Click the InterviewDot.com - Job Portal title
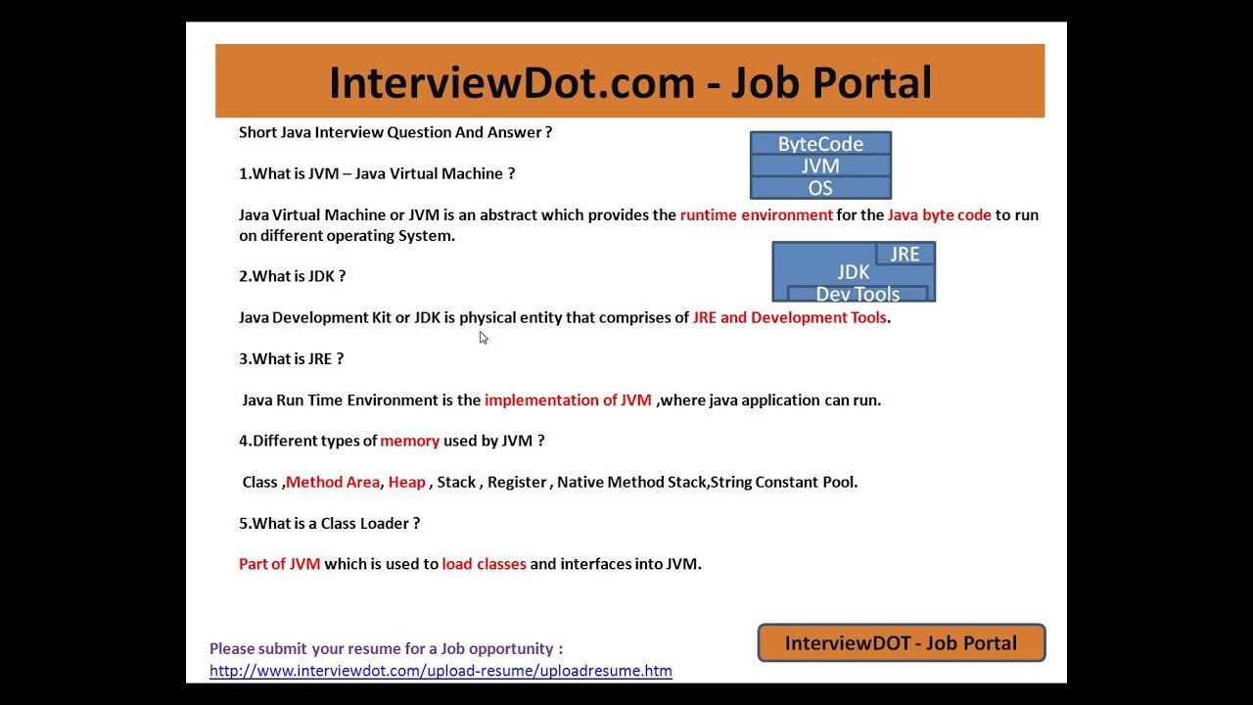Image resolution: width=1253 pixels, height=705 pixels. click(x=629, y=82)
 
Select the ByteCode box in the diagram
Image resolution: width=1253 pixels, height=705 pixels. click(x=820, y=144)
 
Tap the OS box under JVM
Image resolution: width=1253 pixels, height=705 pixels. click(x=820, y=188)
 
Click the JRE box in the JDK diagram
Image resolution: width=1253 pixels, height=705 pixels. click(x=905, y=255)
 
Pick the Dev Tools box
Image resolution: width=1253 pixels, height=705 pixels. click(x=858, y=294)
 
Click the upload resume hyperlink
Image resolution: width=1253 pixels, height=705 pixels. click(x=441, y=671)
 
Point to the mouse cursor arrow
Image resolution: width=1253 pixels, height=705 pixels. click(x=483, y=338)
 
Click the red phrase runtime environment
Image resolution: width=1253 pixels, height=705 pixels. click(x=757, y=214)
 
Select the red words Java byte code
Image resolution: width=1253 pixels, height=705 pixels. click(x=939, y=214)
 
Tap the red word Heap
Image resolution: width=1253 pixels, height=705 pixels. click(x=406, y=482)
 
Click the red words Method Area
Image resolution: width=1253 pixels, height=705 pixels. click(x=333, y=482)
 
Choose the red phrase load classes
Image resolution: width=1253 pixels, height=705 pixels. click(x=484, y=564)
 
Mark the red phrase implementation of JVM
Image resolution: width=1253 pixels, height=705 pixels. click(x=568, y=399)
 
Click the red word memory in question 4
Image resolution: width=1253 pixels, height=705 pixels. click(x=409, y=441)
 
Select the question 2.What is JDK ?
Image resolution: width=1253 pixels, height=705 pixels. click(x=292, y=276)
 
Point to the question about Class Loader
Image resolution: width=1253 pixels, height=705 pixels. click(x=329, y=523)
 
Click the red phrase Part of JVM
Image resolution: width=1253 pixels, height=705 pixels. click(x=279, y=564)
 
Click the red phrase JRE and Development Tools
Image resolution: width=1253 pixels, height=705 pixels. click(x=789, y=317)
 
